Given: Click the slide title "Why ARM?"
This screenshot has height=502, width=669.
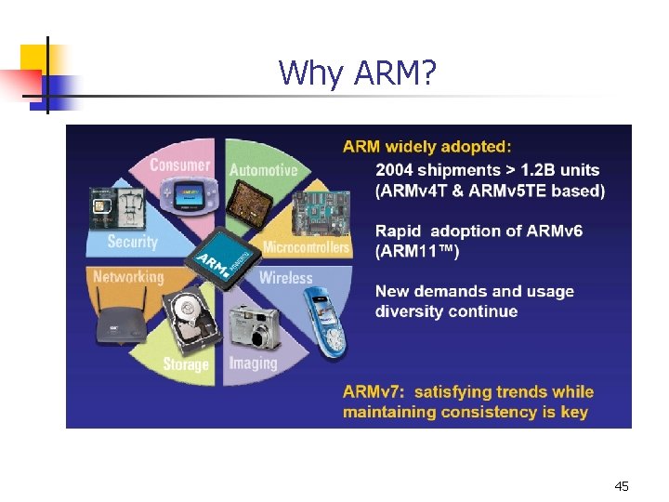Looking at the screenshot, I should tap(356, 73).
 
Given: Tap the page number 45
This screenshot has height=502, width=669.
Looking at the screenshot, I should tap(622, 486).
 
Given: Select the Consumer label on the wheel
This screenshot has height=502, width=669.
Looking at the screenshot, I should tap(180, 165).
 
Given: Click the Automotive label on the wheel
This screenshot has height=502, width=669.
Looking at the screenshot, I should tap(263, 170).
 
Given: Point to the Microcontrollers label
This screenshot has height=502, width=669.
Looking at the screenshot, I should tap(307, 247).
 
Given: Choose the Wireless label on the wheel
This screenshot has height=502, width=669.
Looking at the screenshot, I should tap(285, 277).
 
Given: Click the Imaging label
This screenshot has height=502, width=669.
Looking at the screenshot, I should tap(253, 362).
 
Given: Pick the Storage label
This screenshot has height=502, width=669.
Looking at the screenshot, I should tap(186, 363).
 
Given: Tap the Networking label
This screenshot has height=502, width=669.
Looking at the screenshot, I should tap(128, 276).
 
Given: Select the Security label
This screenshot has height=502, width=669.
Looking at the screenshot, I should tap(132, 242).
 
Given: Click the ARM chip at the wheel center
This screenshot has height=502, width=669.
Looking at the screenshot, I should tap(221, 257).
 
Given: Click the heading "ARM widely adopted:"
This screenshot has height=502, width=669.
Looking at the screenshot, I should tap(426, 146).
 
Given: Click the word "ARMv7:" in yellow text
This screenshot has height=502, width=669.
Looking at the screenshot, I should tap(374, 391).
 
